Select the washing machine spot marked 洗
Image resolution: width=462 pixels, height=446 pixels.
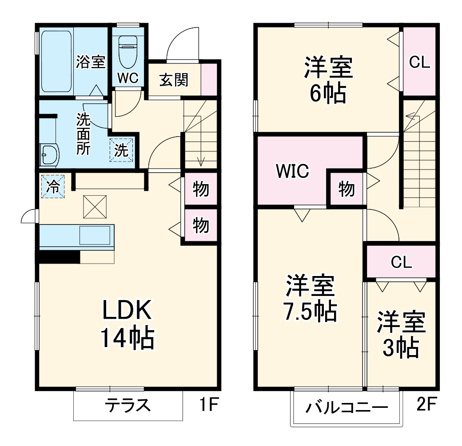coord(121,150)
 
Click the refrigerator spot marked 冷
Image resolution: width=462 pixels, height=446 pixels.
coord(53,186)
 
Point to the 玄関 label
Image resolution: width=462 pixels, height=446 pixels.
coord(174,80)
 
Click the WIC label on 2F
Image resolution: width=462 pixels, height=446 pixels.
coord(292,171)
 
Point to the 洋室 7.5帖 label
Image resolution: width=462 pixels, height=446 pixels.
coord(310,299)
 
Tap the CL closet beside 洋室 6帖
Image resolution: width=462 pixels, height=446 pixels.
coord(419,63)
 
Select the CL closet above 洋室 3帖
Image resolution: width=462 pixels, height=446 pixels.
coord(401,262)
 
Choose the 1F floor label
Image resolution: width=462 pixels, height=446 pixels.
coord(207,404)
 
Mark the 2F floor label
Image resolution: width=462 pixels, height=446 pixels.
coord(426,404)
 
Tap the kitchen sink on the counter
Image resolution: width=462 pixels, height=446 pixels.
coord(94,235)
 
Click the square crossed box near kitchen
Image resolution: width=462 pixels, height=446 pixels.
coord(95,207)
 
